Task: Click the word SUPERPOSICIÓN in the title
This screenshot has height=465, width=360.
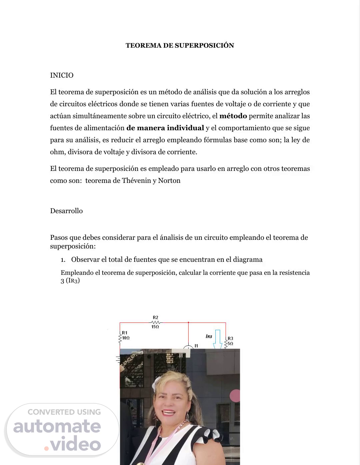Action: tap(204, 46)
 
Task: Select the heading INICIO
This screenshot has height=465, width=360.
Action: tap(62, 75)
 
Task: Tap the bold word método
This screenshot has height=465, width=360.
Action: tap(233, 116)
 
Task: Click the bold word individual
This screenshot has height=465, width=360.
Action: tap(185, 128)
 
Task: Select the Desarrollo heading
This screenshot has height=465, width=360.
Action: tap(66, 211)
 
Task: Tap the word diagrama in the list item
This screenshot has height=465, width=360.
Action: tap(248, 259)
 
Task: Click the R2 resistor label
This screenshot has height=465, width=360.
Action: tap(155, 317)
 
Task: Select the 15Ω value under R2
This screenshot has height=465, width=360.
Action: tap(155, 327)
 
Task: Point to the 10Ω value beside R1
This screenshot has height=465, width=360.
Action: tap(126, 338)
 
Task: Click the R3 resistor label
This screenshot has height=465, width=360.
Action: tap(230, 338)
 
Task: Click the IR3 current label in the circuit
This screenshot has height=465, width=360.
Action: tap(209, 336)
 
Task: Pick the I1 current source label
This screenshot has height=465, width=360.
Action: tap(196, 346)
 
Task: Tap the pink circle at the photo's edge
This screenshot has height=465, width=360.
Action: tap(235, 395)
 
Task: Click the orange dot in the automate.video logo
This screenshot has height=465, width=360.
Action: tap(46, 448)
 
